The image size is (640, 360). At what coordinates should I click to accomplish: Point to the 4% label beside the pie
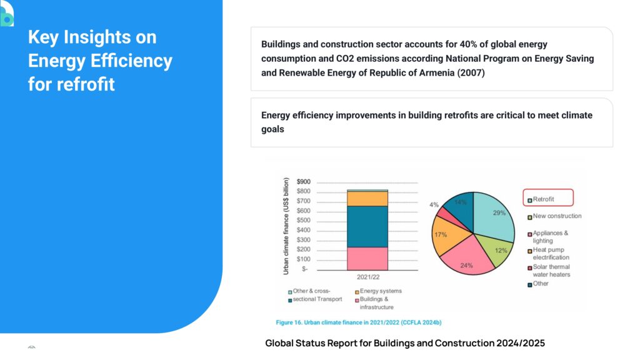click(434, 205)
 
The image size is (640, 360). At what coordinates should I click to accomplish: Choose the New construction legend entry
click(556, 216)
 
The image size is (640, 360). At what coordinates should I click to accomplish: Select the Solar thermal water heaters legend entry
click(551, 270)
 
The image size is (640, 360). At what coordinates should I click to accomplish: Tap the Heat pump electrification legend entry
click(551, 253)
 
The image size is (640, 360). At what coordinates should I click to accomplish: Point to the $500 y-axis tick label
click(303, 220)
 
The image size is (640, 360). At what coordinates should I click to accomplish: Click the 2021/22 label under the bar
click(367, 277)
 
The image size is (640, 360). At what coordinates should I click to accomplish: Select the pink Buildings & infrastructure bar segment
click(367, 258)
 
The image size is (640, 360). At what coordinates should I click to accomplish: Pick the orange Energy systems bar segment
click(367, 199)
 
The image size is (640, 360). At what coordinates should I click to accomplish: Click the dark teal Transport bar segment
click(367, 226)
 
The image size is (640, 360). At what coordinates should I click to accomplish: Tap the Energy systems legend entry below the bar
click(381, 291)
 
